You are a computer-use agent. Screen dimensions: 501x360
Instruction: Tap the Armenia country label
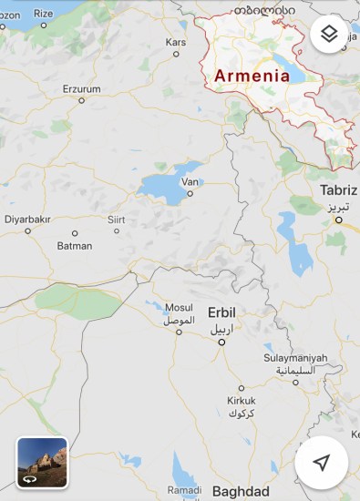pyautogui.click(x=252, y=77)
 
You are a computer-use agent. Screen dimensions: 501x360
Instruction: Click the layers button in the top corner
pyautogui.click(x=330, y=35)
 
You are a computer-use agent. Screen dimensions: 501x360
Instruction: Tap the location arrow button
pyautogui.click(x=321, y=463)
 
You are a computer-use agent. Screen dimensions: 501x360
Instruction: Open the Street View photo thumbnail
pyautogui.click(x=42, y=463)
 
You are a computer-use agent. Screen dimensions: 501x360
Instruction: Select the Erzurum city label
pyautogui.click(x=81, y=88)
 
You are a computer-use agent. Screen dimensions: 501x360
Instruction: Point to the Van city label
pyautogui.click(x=190, y=181)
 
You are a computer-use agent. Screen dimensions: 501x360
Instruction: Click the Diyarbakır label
pyautogui.click(x=27, y=219)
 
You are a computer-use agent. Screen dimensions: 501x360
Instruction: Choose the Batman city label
pyautogui.click(x=75, y=246)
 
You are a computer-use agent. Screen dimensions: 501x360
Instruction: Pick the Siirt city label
pyautogui.click(x=116, y=219)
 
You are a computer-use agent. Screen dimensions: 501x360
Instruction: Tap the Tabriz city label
pyautogui.click(x=339, y=189)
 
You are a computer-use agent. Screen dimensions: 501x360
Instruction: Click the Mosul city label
pyautogui.click(x=178, y=308)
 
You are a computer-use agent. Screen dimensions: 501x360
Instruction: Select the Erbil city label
pyautogui.click(x=221, y=311)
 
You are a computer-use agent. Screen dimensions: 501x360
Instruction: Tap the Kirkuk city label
pyautogui.click(x=241, y=400)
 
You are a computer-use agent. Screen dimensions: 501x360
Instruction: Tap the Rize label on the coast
pyautogui.click(x=43, y=13)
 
